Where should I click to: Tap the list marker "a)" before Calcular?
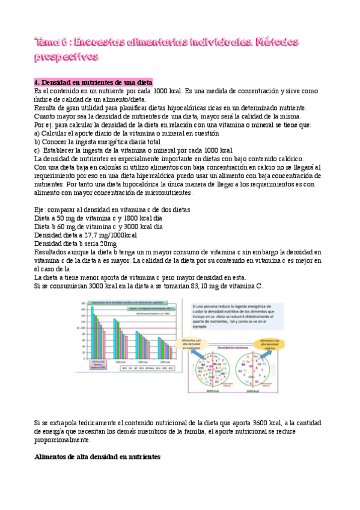coord(37,133)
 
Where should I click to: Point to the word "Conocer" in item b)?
coord(55,141)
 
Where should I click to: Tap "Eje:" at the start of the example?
coord(41,210)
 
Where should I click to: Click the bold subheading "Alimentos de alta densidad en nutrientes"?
coord(97,457)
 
